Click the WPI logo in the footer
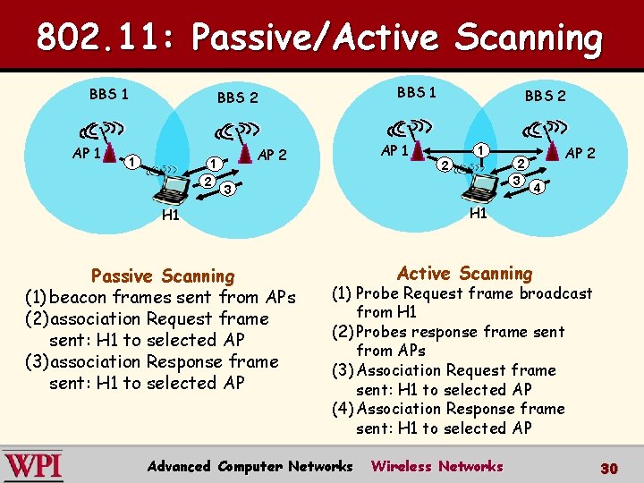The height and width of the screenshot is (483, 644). pyautogui.click(x=33, y=465)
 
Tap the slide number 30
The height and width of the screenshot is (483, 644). pyautogui.click(x=609, y=468)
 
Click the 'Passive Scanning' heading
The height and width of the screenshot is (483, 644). pyautogui.click(x=163, y=276)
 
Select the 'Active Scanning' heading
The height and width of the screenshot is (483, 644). pyautogui.click(x=464, y=274)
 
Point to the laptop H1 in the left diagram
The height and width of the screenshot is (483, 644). pyautogui.click(x=168, y=190)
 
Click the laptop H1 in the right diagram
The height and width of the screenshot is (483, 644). pyautogui.click(x=479, y=185)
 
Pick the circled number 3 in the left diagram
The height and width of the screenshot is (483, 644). pyautogui.click(x=228, y=190)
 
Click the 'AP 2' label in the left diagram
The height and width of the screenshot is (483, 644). pyautogui.click(x=272, y=155)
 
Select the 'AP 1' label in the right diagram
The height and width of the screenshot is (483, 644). pyautogui.click(x=394, y=149)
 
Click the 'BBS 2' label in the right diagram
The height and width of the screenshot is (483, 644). pyautogui.click(x=545, y=96)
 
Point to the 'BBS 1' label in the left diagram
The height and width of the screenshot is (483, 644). pyautogui.click(x=108, y=93)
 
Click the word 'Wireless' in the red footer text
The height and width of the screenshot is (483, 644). pyautogui.click(x=399, y=466)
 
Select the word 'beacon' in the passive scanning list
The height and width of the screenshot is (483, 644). pyautogui.click(x=79, y=297)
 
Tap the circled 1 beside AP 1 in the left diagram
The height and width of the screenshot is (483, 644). pyautogui.click(x=131, y=162)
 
